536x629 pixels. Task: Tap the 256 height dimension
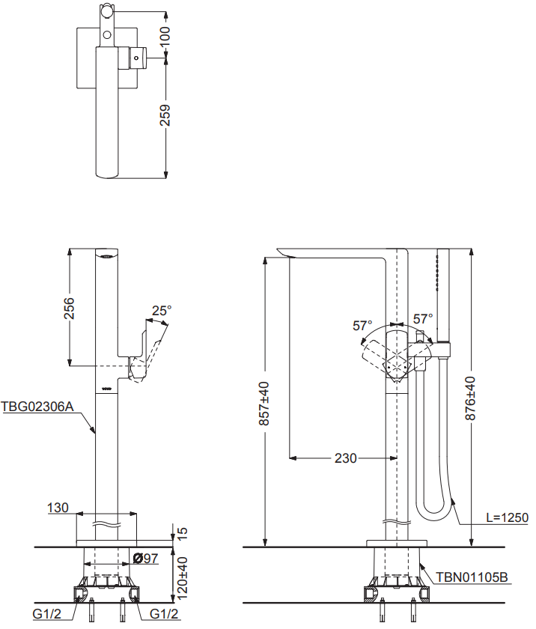coord(69,308)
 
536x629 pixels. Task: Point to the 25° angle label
coord(162,309)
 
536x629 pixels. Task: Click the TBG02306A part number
coord(37,407)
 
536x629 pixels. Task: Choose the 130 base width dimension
coord(58,508)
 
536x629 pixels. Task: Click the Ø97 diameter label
coord(145,558)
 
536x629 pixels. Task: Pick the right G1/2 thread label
coord(165,614)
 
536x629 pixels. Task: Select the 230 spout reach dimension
coord(345,458)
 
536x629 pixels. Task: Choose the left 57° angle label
coord(362,326)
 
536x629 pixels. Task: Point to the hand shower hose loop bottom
coord(432,515)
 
